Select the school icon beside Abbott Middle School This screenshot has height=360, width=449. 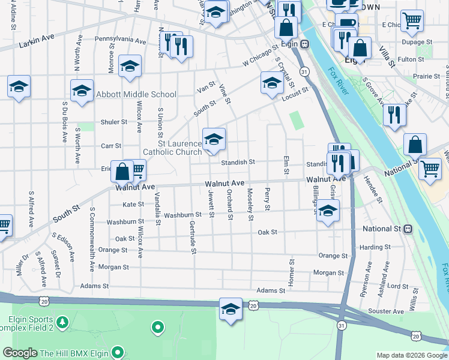coord(82,91)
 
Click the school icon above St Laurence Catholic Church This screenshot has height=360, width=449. coord(213,140)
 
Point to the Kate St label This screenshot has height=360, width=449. coord(133,205)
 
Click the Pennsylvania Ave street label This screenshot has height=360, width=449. coord(120,42)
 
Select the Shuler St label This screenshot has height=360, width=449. coord(114,122)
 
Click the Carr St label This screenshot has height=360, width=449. coord(111,146)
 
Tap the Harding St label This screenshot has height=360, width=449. coord(376,247)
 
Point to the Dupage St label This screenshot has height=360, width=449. coord(417,43)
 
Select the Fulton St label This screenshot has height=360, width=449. coord(411,59)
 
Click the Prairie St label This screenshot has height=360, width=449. coord(427,76)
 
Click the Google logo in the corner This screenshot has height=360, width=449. coord(20,353)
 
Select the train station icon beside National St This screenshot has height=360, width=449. coord(408,229)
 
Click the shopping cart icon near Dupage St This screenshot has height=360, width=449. coord(412,20)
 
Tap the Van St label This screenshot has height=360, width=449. coord(206,86)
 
